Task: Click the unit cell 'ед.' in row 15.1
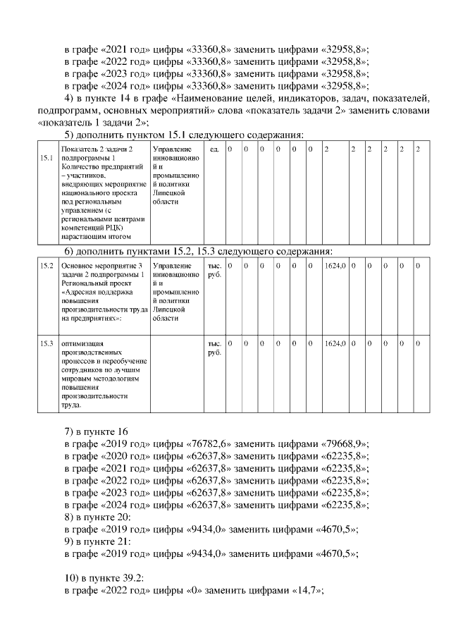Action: pyautogui.click(x=214, y=149)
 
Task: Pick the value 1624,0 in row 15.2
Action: pyautogui.click(x=335, y=266)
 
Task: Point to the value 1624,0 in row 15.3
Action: pyautogui.click(x=335, y=343)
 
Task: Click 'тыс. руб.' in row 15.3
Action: pyautogui.click(x=214, y=348)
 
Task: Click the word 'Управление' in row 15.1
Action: pyautogui.click(x=171, y=149)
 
